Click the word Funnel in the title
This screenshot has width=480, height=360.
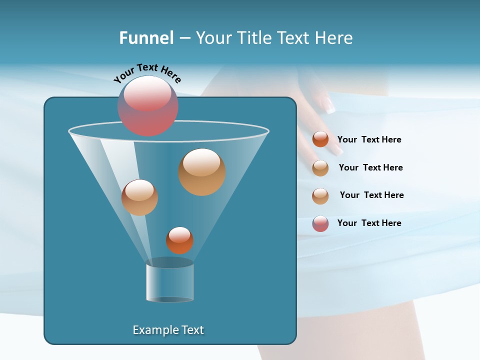(x=146, y=38)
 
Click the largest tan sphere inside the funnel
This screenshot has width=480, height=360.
(x=202, y=172)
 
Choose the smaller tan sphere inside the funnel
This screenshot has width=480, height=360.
(x=139, y=197)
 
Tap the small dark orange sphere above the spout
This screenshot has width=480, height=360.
(x=179, y=240)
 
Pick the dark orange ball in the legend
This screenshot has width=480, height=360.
(x=320, y=139)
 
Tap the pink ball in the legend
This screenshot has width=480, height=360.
(x=320, y=223)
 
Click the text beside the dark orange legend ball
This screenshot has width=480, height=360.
(x=369, y=140)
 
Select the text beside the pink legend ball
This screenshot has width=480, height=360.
(x=369, y=223)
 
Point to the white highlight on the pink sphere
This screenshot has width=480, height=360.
(x=147, y=93)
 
